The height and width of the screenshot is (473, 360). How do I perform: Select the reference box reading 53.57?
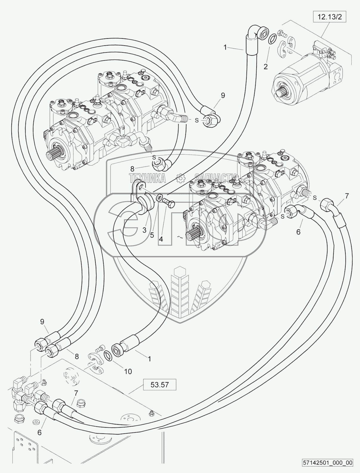pyautogui.click(x=160, y=384)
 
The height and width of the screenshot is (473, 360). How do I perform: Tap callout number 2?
pyautogui.click(x=265, y=66)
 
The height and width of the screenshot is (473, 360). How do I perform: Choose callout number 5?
pyautogui.click(x=152, y=235)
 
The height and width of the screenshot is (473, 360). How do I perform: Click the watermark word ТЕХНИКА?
pyautogui.click(x=148, y=178)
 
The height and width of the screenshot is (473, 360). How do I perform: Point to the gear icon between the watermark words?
pyautogui.click(x=180, y=178)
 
